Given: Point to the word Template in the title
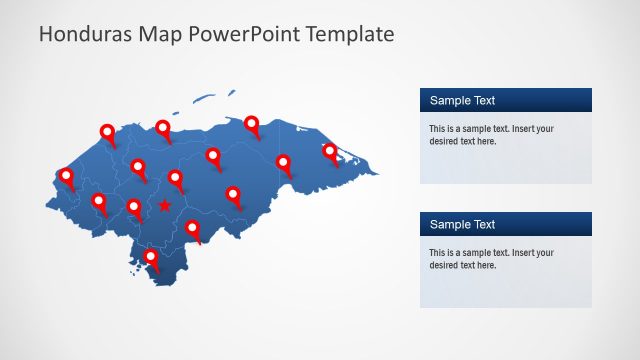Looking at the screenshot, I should [x=349, y=35].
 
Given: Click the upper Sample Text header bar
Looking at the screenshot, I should [x=505, y=100].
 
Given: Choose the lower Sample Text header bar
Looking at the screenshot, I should [x=505, y=224].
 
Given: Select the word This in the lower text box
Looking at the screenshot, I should [x=438, y=253].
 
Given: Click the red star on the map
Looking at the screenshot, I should [x=164, y=206].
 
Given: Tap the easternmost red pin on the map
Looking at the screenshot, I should [x=329, y=151].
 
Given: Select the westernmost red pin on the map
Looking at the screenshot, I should [x=66, y=176].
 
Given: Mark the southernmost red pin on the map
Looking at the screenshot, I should [x=151, y=257].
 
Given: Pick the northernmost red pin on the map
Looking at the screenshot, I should [x=252, y=124].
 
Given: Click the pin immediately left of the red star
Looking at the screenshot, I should [x=134, y=207].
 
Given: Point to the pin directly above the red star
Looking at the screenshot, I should [x=175, y=178].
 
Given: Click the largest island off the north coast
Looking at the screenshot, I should [x=205, y=97].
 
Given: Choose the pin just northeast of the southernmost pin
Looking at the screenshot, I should [x=193, y=229].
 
